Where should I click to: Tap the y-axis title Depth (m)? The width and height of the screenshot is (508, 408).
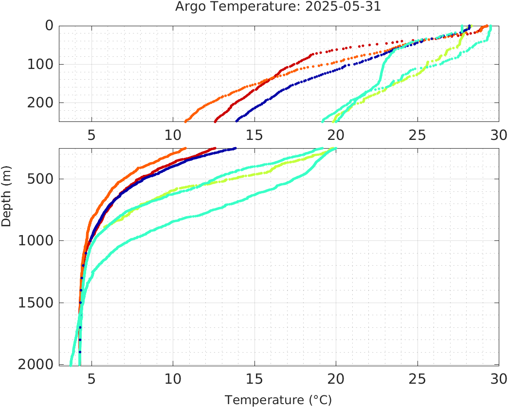pos(6,201)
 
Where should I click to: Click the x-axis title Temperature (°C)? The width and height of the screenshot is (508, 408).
pos(278,400)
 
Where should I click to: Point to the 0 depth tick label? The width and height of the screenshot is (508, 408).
pos(49,26)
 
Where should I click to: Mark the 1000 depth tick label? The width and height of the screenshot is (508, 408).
pos(35,241)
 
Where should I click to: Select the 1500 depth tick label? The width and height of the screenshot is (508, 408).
pos(35,303)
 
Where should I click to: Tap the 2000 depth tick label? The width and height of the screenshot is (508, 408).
pos(35,364)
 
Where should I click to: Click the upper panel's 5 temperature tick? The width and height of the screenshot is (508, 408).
pos(91,135)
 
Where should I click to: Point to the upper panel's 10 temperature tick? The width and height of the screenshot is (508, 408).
pos(173,135)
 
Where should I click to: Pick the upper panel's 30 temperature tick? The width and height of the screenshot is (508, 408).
pos(498,135)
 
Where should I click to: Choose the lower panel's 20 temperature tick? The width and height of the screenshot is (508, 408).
pos(336,378)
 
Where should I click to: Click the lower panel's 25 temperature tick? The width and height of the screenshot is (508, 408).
pos(417,378)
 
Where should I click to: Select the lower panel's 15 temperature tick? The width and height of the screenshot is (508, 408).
pos(254,378)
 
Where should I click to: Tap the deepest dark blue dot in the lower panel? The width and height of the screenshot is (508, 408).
pos(80,351)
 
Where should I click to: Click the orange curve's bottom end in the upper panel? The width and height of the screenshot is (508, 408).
pos(185,121)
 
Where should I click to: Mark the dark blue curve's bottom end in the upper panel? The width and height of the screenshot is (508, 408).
pos(236,120)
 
